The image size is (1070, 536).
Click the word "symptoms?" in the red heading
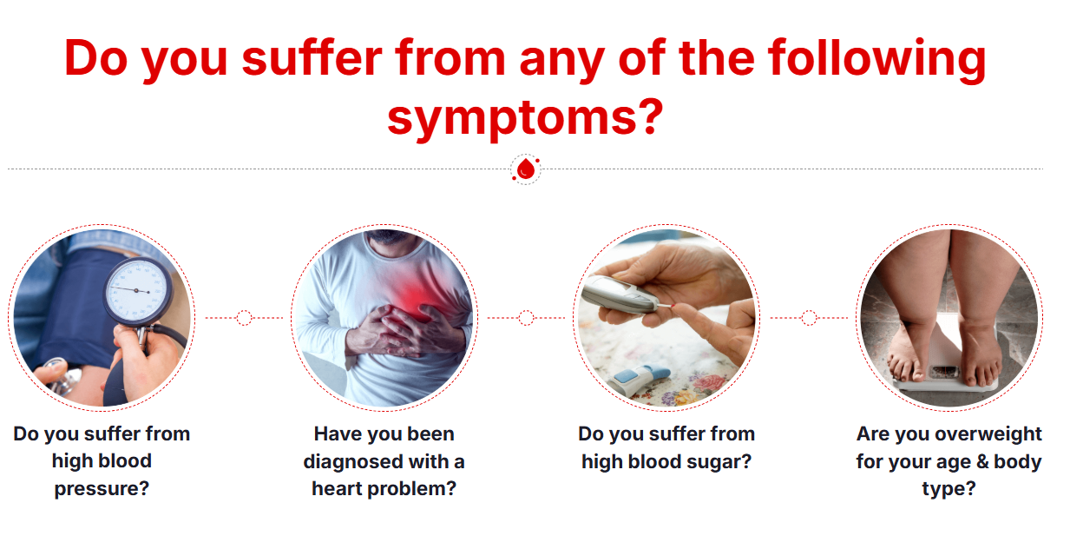tap(525, 117)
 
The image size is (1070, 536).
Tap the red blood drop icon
tap(526, 169)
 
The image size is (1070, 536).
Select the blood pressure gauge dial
tap(138, 292)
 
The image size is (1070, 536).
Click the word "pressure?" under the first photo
tap(102, 489)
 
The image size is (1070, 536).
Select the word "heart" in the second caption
tap(337, 488)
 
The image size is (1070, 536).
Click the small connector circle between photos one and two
tap(244, 317)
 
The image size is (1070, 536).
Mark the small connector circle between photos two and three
tap(526, 317)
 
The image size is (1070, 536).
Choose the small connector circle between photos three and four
tap(809, 317)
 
